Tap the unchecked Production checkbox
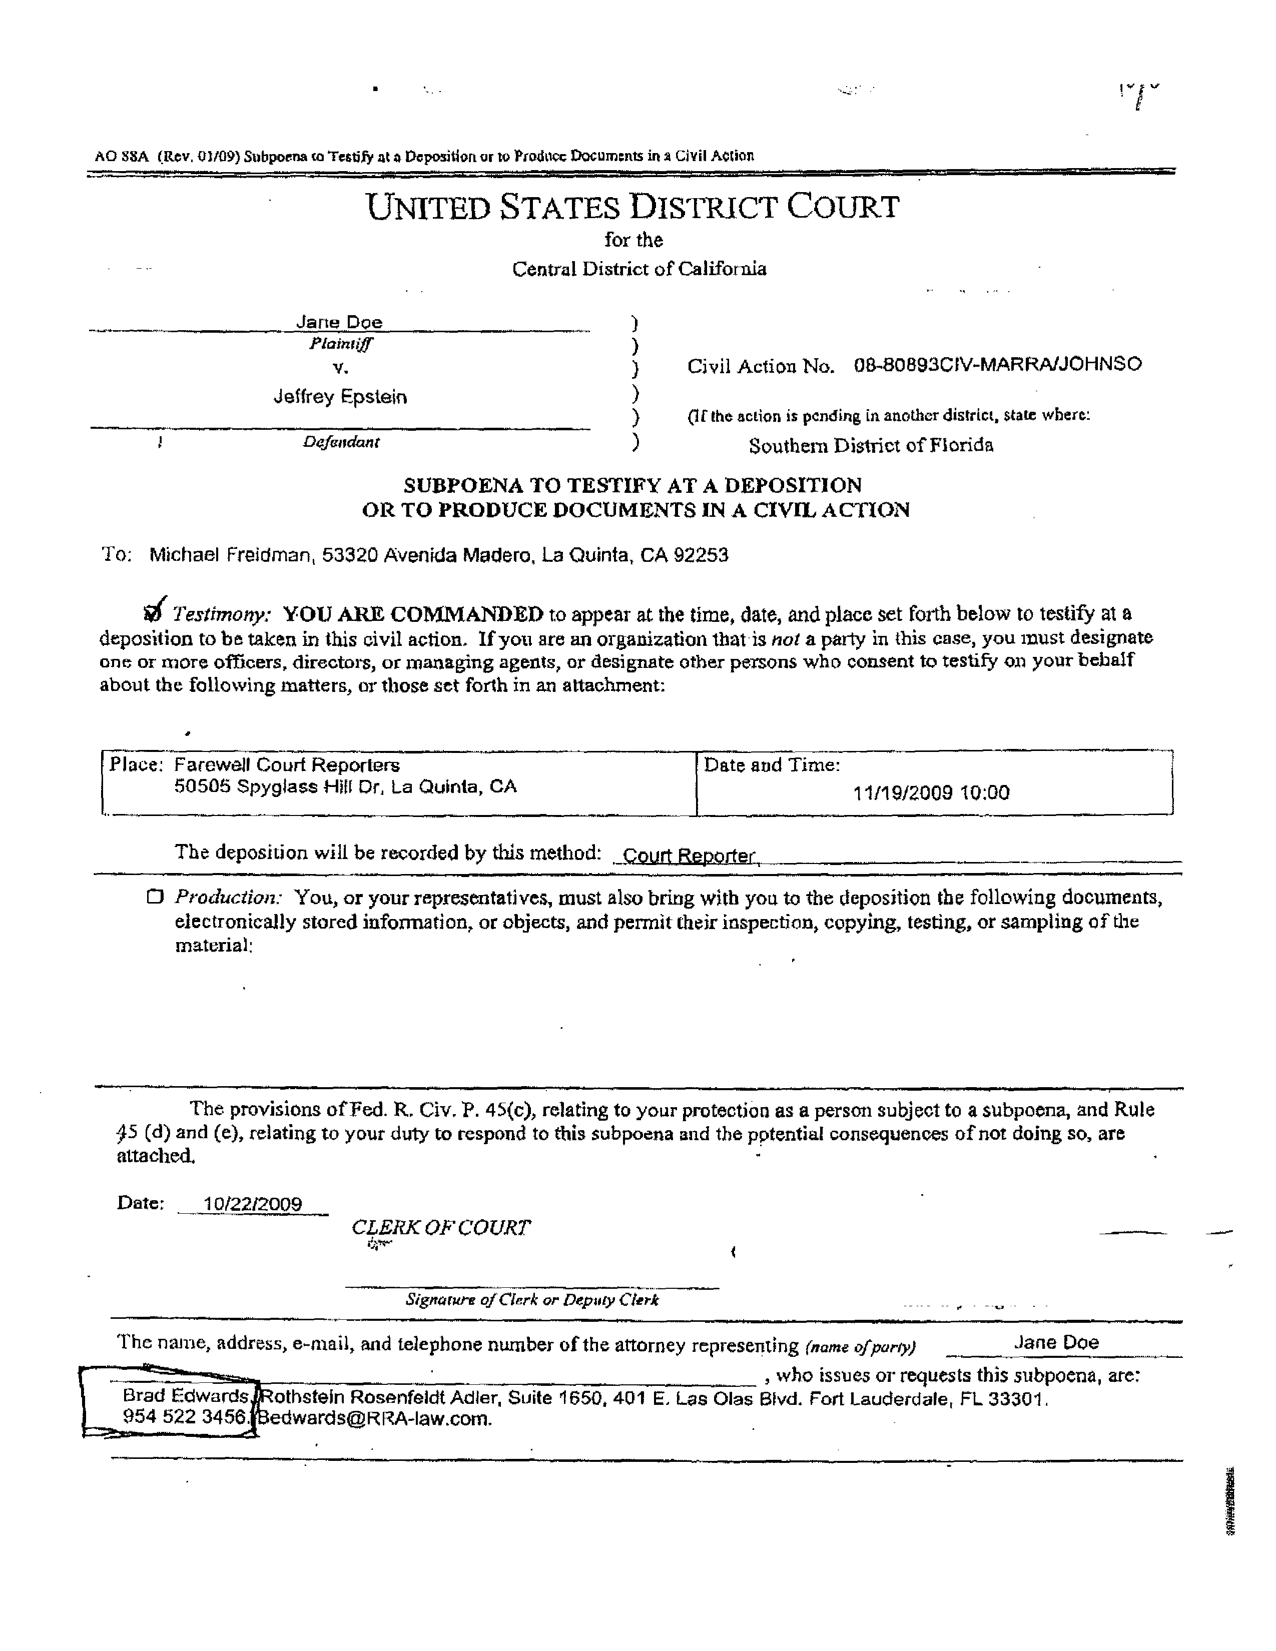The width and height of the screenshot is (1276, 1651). point(155,898)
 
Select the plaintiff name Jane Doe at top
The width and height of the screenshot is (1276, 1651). point(339,322)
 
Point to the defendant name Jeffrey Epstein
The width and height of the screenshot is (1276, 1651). point(340,397)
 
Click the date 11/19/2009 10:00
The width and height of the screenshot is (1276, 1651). point(931,792)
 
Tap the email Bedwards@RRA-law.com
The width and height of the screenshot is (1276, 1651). point(374,1418)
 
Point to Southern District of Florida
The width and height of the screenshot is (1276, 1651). point(871,445)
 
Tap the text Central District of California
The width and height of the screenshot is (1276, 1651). point(639,269)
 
